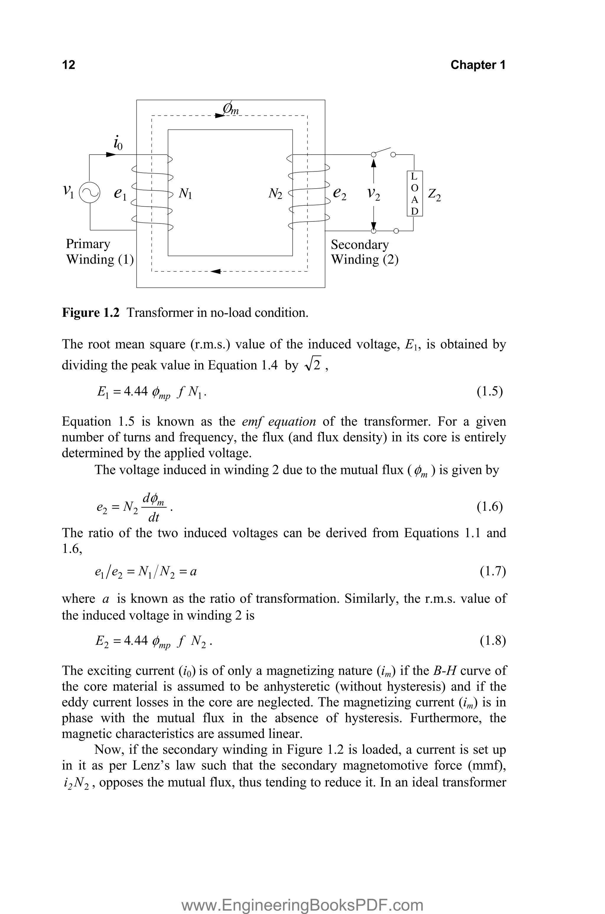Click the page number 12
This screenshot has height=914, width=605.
69,65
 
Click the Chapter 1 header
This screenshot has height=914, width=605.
477,65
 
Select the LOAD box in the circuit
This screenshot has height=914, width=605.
414,193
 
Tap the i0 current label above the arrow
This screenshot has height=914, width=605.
118,143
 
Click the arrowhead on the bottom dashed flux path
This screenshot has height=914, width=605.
216,271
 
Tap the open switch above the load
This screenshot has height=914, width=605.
383,151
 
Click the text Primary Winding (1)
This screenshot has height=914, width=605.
100,252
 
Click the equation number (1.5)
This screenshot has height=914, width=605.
489,391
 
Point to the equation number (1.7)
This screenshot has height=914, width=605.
492,571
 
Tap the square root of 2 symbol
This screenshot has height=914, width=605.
314,365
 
